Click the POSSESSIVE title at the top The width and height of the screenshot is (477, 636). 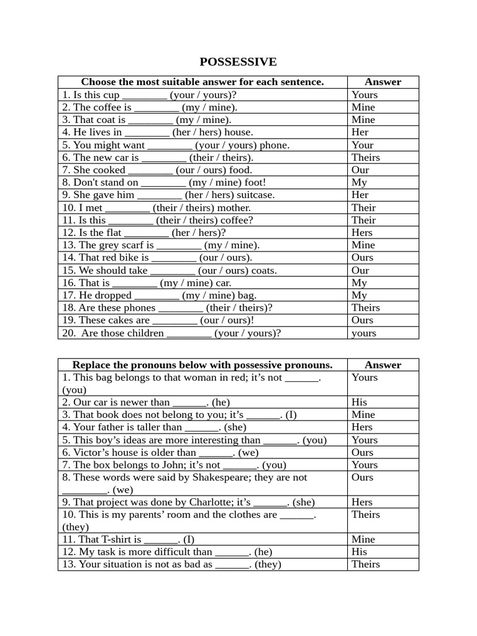(238, 61)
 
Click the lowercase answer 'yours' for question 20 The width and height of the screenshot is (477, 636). (363, 333)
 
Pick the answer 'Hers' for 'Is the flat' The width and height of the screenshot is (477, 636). (362, 232)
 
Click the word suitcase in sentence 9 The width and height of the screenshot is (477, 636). (255, 194)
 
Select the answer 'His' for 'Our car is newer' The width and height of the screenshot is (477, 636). (359, 402)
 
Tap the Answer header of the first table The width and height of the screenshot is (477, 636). (383, 81)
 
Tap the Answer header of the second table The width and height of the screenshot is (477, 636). (383, 365)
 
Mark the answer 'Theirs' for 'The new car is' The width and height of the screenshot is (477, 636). (365, 157)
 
